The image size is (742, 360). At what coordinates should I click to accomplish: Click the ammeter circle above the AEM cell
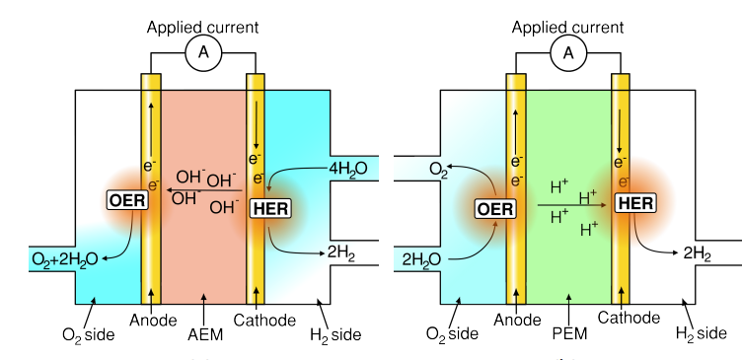[203, 53]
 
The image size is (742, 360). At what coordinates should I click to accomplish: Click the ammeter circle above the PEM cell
[568, 53]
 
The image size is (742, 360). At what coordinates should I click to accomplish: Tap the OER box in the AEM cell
[126, 200]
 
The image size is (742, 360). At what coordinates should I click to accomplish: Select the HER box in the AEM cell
[270, 209]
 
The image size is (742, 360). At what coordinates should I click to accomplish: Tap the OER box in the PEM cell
[494, 209]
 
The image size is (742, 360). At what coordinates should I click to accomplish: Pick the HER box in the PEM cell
[635, 203]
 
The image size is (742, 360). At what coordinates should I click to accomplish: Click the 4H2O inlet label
[347, 169]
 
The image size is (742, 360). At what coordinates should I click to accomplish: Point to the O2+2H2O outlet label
[65, 259]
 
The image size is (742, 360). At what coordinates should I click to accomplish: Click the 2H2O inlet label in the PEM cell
[421, 259]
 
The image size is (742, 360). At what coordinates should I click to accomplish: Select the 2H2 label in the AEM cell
[341, 253]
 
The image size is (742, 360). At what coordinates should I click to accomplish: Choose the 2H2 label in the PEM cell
[697, 254]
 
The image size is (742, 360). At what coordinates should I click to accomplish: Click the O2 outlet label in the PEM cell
[439, 169]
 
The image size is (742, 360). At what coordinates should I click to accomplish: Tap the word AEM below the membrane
[205, 335]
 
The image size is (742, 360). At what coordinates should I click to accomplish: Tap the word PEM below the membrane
[569, 334]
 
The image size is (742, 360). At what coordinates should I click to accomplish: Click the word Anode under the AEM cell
[153, 321]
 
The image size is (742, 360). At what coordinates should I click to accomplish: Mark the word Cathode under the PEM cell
[629, 318]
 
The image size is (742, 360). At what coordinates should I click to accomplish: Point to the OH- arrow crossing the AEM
[204, 190]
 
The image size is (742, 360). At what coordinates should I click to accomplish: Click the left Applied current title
[202, 28]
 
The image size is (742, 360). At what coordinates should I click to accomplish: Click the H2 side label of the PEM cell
[702, 333]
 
